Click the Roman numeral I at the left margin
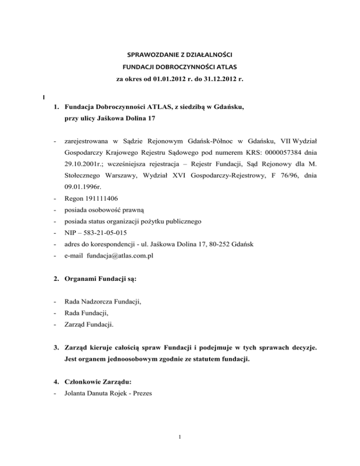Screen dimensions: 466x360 [x=44, y=98]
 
